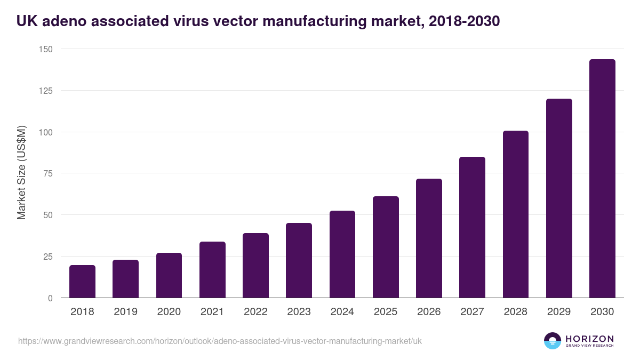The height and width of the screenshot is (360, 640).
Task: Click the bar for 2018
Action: click(x=82, y=282)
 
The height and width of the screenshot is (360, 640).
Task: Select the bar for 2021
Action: click(x=212, y=270)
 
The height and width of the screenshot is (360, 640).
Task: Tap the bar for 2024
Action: click(x=342, y=254)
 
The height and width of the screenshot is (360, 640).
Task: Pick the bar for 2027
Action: click(x=473, y=227)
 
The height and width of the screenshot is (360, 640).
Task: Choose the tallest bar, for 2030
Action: click(x=602, y=179)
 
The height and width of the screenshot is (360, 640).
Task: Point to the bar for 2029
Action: click(x=559, y=198)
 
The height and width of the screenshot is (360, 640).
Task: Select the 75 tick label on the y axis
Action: click(x=47, y=173)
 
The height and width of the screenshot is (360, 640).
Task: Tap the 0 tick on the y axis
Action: click(x=50, y=298)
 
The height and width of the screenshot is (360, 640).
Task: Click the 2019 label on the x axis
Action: click(x=125, y=312)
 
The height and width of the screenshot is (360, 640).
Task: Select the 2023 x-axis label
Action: click(x=299, y=312)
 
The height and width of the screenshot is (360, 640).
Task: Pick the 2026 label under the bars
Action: click(x=429, y=312)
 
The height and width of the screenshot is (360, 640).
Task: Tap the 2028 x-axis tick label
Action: click(x=516, y=312)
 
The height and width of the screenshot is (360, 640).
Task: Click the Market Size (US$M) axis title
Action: click(x=22, y=172)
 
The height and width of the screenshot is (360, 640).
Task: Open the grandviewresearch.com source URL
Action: click(x=220, y=341)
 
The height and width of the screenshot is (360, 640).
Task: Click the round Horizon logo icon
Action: click(x=553, y=341)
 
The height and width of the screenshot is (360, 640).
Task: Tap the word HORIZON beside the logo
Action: click(x=589, y=339)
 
